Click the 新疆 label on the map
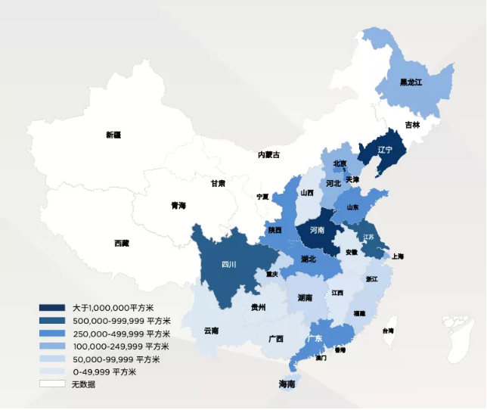(x=113, y=135)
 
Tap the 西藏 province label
(x=122, y=243)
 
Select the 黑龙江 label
(x=411, y=82)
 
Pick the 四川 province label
(x=228, y=264)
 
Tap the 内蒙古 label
(x=268, y=154)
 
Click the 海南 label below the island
(x=287, y=385)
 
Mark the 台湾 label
(x=387, y=331)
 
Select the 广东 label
(x=315, y=338)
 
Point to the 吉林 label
(x=412, y=125)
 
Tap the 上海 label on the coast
(x=398, y=256)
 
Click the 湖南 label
(x=306, y=297)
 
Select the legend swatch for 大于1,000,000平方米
(x=52, y=308)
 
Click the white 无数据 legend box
(x=52, y=384)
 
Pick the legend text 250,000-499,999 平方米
(x=120, y=334)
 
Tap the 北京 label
(x=340, y=163)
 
